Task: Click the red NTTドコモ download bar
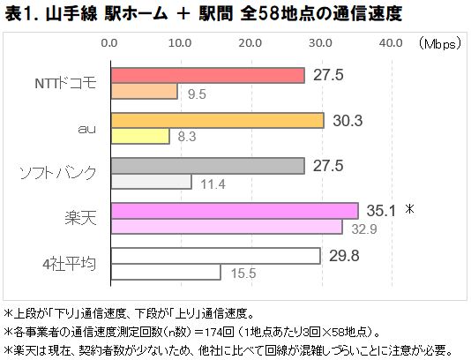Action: tap(207, 76)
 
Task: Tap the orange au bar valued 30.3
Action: tap(217, 121)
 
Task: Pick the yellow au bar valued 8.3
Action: tap(138, 136)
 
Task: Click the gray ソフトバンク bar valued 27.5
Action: tap(207, 166)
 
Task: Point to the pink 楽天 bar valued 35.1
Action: tap(234, 211)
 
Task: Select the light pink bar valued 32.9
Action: tap(226, 227)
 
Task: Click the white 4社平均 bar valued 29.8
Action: tap(215, 256)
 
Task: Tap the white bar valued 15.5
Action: tap(165, 272)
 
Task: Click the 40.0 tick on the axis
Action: tap(391, 42)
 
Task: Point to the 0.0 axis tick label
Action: tap(110, 42)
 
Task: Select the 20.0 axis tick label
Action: tap(250, 42)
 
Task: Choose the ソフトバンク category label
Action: tap(56, 174)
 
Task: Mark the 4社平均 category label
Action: tap(71, 264)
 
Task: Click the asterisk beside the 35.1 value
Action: tap(409, 210)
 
